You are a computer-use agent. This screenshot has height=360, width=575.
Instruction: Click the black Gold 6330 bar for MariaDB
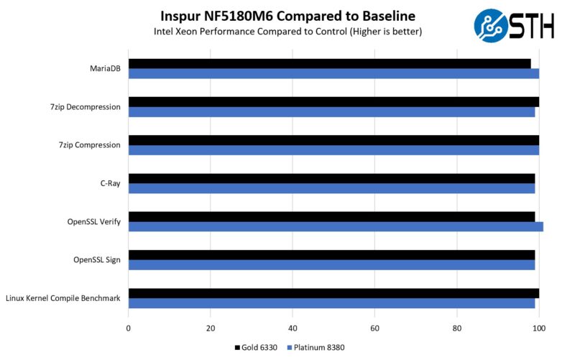pyautogui.click(x=329, y=63)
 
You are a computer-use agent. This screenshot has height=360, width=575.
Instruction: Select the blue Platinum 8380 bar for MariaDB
pyautogui.click(x=333, y=73)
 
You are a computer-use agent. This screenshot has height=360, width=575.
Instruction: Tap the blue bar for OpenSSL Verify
pyautogui.click(x=336, y=226)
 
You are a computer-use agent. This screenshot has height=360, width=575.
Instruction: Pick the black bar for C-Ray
pyautogui.click(x=331, y=178)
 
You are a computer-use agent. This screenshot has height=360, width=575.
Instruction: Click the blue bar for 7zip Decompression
pyautogui.click(x=331, y=111)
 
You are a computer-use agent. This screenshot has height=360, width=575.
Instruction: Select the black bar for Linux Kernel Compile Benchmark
pyautogui.click(x=333, y=293)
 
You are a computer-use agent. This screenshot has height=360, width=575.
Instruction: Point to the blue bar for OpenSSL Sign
pyautogui.click(x=331, y=265)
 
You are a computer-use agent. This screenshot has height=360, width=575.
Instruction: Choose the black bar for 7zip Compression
pyautogui.click(x=333, y=140)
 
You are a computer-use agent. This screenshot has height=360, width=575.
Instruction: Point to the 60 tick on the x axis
pyautogui.click(x=374, y=328)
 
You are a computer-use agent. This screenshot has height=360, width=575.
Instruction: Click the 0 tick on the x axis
pyautogui.click(x=128, y=328)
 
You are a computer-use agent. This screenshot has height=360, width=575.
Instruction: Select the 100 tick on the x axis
pyautogui.click(x=538, y=328)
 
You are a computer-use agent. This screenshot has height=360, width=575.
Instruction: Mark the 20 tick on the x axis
pyautogui.click(x=210, y=328)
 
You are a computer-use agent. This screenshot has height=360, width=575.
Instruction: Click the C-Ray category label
pyautogui.click(x=110, y=183)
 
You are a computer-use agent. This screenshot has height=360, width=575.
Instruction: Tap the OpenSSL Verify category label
pyautogui.click(x=93, y=221)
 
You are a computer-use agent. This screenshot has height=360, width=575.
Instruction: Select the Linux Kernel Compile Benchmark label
pyautogui.click(x=63, y=298)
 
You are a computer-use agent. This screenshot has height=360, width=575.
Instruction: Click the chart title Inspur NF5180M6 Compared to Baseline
pyautogui.click(x=287, y=15)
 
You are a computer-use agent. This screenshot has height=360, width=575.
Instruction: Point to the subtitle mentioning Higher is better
pyautogui.click(x=287, y=32)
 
